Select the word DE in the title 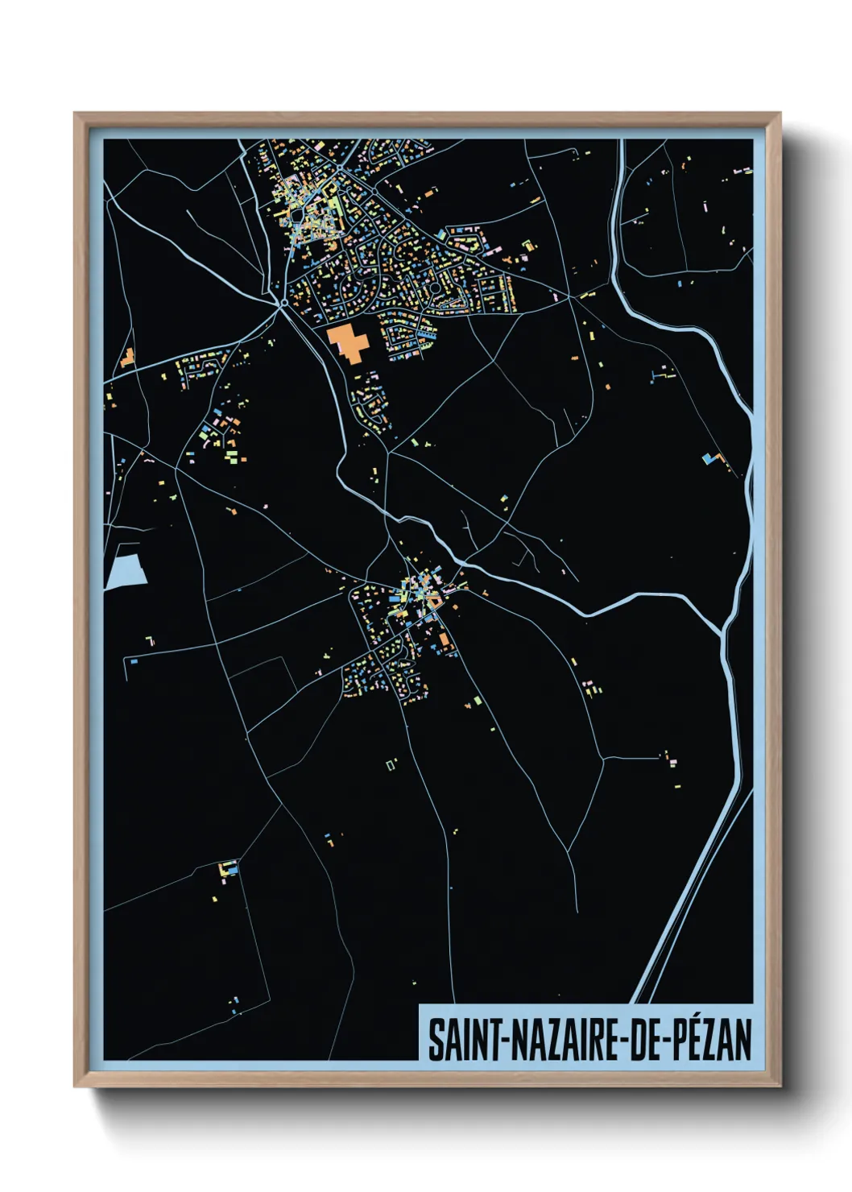pos(636,1040)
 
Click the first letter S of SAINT pos(436,1040)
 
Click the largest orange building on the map pos(348,342)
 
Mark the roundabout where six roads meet pos(283,303)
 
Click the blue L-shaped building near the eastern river pos(709,458)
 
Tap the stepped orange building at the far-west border pos(126,358)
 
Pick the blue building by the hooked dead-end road pos(134,661)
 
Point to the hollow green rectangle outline pos(391,763)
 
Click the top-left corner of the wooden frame pos(75,114)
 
